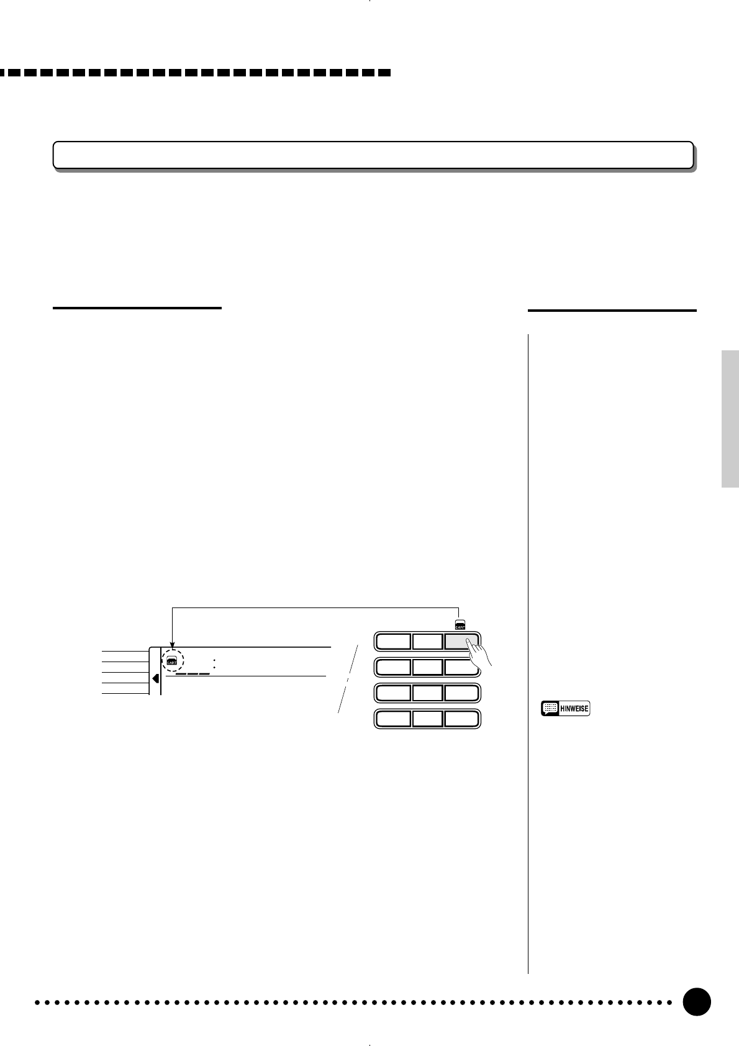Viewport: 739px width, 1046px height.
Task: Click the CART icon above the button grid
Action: (460, 624)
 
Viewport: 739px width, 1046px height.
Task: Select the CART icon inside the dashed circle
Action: (172, 661)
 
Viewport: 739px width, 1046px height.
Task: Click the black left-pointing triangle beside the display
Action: (155, 678)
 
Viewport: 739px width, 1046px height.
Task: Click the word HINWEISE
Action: (574, 709)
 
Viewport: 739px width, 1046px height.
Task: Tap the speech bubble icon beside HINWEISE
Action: (549, 709)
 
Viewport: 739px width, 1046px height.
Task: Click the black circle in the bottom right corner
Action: (696, 1002)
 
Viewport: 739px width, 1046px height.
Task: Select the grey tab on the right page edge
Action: (730, 420)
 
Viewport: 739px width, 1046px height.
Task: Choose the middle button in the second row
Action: (428, 667)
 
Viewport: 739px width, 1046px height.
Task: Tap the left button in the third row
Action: (393, 693)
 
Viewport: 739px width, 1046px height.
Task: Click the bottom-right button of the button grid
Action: (461, 719)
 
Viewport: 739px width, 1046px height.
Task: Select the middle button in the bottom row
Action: (428, 719)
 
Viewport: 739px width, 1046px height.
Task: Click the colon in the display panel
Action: (214, 664)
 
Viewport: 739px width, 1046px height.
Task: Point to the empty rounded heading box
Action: (373, 155)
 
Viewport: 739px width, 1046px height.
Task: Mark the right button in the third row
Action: (461, 693)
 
